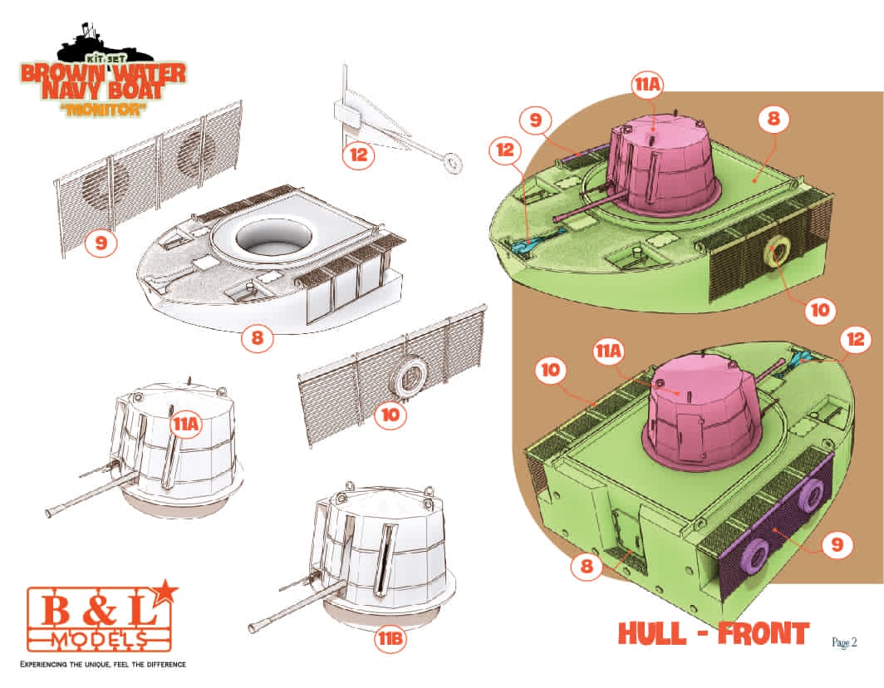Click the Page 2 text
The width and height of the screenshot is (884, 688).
point(844,642)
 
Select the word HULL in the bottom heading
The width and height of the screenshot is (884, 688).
point(652,633)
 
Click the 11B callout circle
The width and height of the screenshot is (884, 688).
point(390,639)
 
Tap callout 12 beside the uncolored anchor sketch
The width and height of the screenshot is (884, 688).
point(359,154)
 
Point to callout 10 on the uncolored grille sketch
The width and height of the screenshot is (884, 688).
point(390,415)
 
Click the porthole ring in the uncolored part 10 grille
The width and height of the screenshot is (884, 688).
point(410,377)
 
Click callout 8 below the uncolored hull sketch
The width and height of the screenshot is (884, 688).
point(257,337)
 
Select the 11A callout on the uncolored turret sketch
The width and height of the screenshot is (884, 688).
point(187,424)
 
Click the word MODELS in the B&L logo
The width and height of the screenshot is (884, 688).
point(99,639)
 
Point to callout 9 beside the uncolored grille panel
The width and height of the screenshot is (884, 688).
point(101,243)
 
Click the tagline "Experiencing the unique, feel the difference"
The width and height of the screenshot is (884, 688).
point(103,664)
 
